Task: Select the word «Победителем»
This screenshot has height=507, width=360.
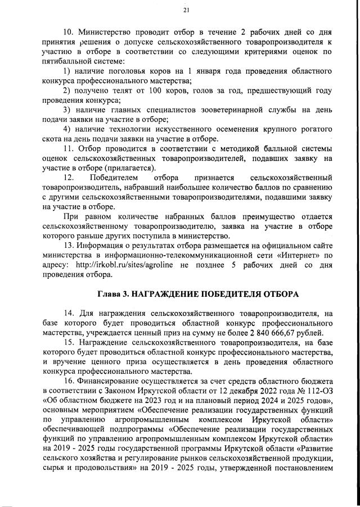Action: click(x=117, y=178)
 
